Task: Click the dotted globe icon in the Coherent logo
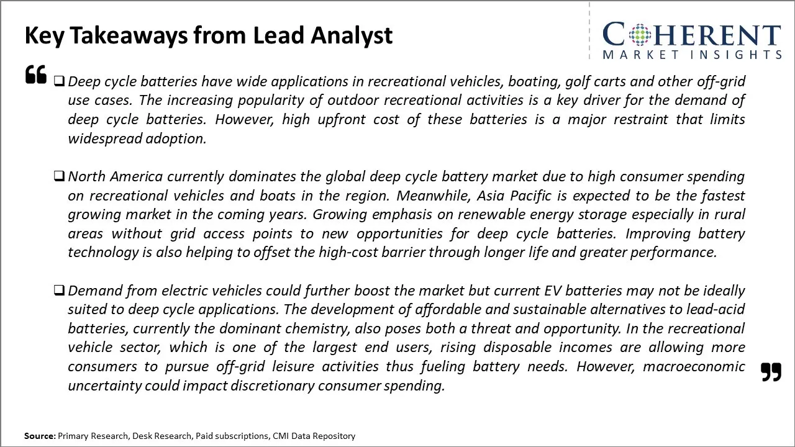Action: pos(640,35)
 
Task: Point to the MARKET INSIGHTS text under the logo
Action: pos(692,55)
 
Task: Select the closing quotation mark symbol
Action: pos(771,372)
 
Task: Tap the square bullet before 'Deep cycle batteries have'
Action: pos(59,81)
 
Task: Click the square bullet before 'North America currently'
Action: pos(59,176)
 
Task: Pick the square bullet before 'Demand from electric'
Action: pos(59,290)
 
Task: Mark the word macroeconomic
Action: pos(694,366)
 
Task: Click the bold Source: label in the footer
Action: pos(40,436)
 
